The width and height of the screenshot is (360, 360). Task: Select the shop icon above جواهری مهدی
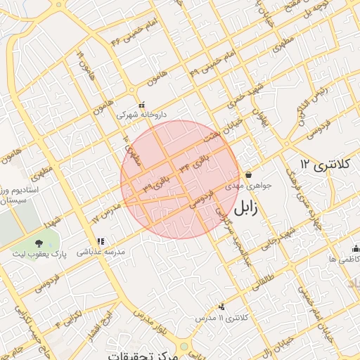(248, 175)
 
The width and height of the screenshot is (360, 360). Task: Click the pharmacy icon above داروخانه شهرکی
(141, 105)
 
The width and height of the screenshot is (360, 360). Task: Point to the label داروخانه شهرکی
(143, 114)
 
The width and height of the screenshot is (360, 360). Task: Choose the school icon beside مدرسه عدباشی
(99, 241)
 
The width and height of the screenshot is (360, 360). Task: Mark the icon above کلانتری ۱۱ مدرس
(222, 307)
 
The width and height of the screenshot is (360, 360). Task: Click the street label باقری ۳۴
(194, 162)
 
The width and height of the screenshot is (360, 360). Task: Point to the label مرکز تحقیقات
(141, 355)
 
